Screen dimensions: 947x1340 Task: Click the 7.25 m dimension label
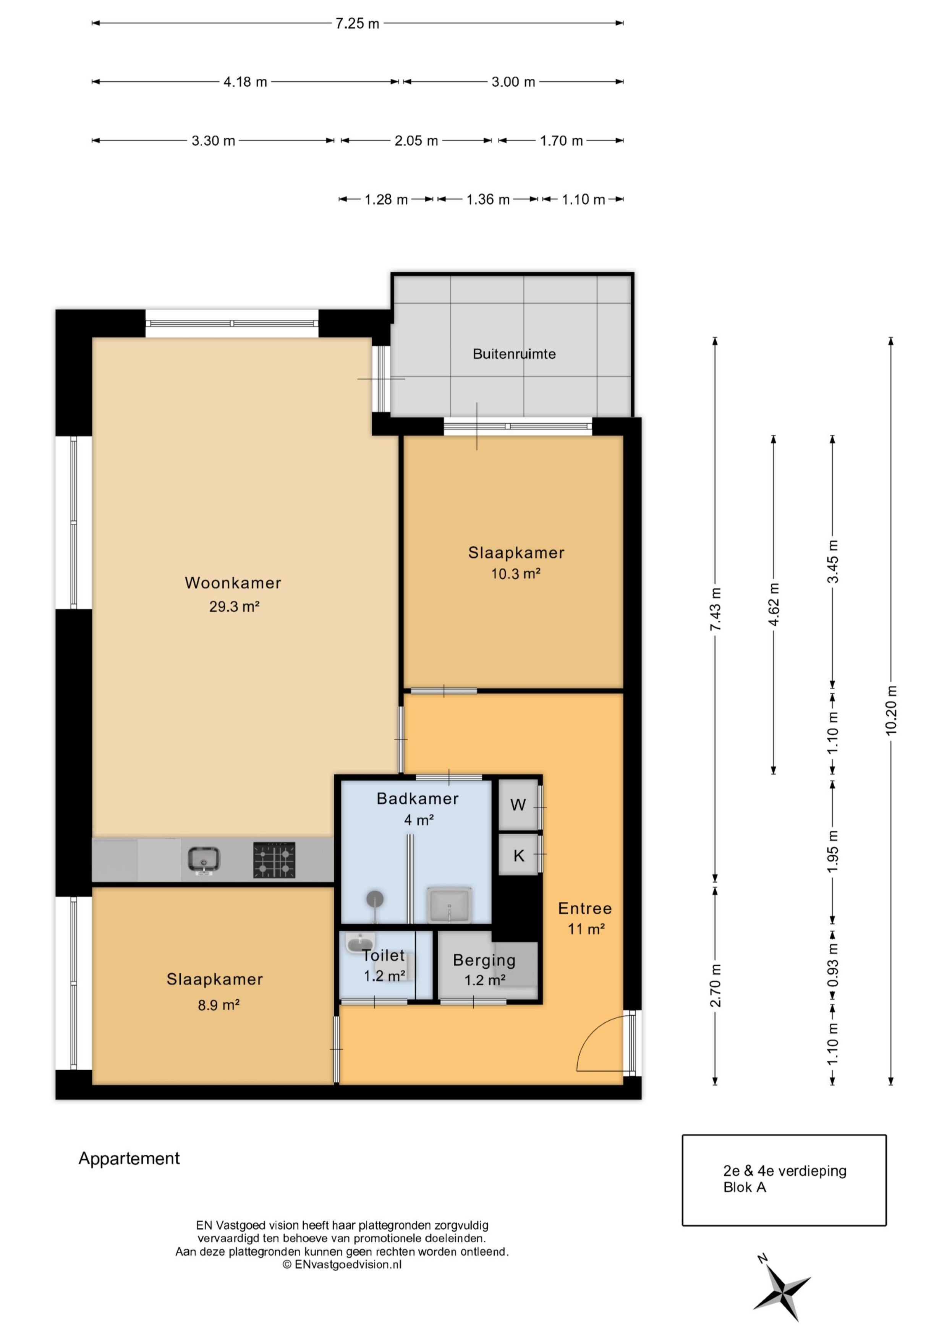[x=357, y=23]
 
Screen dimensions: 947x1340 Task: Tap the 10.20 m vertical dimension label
[x=891, y=710]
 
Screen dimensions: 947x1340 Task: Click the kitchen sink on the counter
[x=204, y=860]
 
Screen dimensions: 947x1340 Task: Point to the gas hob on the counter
[x=274, y=860]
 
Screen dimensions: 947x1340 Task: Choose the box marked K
[x=518, y=855]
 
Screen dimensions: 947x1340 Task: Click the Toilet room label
[x=384, y=955]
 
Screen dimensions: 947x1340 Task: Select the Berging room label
[x=484, y=960]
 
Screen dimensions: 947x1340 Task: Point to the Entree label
[x=584, y=908]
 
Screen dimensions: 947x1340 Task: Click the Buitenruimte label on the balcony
[x=514, y=354]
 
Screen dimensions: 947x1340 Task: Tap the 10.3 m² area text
[x=516, y=574]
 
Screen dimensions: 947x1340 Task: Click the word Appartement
[x=129, y=1159]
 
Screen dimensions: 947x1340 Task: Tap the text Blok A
[x=745, y=1187]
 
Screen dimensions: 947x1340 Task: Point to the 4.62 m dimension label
[x=774, y=604]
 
